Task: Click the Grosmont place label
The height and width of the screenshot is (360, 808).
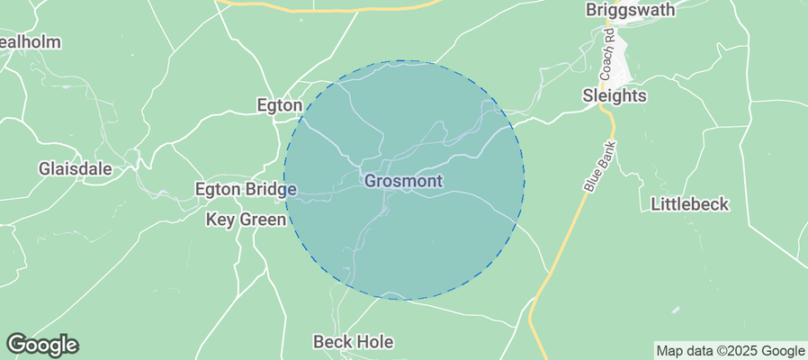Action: tap(403, 181)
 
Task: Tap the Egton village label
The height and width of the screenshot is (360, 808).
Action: tap(279, 105)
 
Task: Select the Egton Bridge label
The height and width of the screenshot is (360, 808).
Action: tap(246, 190)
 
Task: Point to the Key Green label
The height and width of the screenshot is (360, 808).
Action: tap(246, 219)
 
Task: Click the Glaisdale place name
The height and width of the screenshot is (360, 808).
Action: tap(76, 168)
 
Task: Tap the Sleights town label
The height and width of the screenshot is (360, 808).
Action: tap(615, 95)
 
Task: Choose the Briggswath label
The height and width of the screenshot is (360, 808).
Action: tap(626, 11)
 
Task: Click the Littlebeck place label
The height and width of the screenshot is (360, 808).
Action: tap(689, 204)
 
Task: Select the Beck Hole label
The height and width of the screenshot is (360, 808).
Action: tap(349, 342)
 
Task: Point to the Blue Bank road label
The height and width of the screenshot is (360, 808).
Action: tap(597, 169)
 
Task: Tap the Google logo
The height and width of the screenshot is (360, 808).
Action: tap(42, 344)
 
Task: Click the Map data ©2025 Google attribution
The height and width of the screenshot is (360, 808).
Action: tap(730, 351)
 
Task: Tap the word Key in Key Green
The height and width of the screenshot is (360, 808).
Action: tap(220, 219)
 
